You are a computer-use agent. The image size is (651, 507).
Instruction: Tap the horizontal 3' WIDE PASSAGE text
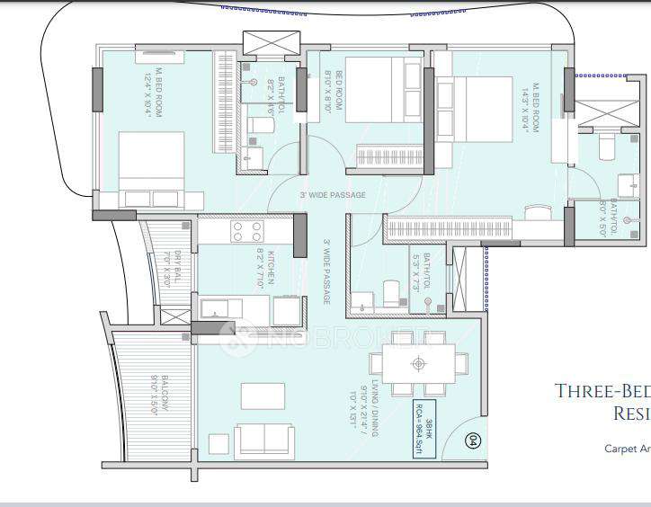(333, 195)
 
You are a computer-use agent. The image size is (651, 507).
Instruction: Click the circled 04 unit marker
(474, 440)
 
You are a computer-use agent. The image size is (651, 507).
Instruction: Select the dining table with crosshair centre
(418, 364)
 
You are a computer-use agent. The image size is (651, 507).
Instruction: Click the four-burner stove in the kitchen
(247, 231)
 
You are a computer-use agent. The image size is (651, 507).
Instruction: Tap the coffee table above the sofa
(263, 396)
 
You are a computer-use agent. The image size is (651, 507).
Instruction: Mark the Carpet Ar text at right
(626, 448)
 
